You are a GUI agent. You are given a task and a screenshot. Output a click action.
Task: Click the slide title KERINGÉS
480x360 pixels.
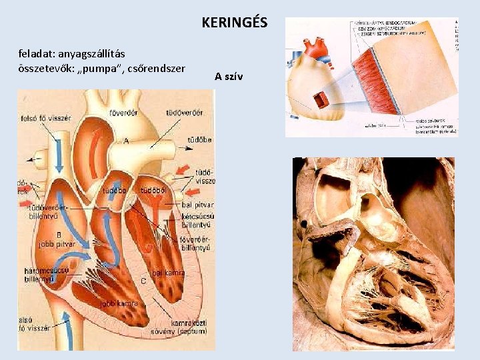coord(234,23)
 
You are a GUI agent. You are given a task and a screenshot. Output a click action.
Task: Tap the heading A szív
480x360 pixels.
coord(229,76)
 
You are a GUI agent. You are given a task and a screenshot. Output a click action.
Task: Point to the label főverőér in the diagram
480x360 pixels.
coord(123,112)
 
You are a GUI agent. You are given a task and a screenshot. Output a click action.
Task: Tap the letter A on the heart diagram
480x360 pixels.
coord(126,141)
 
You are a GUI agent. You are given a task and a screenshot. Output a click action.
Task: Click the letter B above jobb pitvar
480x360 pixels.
coord(59,235)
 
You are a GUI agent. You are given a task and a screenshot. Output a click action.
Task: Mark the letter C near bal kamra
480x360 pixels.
coord(143,281)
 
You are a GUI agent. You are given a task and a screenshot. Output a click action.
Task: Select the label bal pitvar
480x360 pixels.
coord(197,205)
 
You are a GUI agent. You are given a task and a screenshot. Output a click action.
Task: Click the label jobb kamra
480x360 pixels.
coord(119,304)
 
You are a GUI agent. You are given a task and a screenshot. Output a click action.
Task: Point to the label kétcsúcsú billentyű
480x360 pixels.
coord(197,221)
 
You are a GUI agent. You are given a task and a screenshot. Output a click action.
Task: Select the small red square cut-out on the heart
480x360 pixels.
coord(323,99)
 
